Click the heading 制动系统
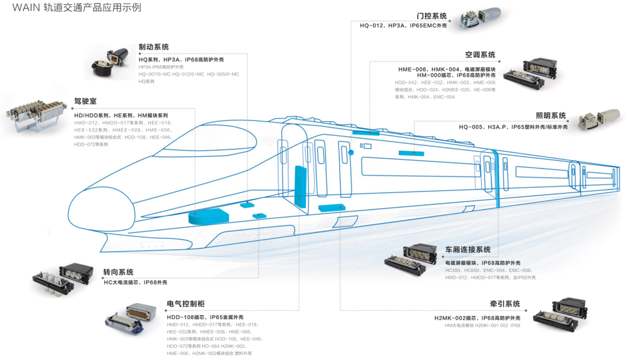coord(154,47)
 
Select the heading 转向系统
coord(118,272)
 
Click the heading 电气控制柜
coord(185,304)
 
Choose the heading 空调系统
coord(480,55)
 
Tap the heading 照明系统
coord(551,115)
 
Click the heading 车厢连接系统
coord(468,249)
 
